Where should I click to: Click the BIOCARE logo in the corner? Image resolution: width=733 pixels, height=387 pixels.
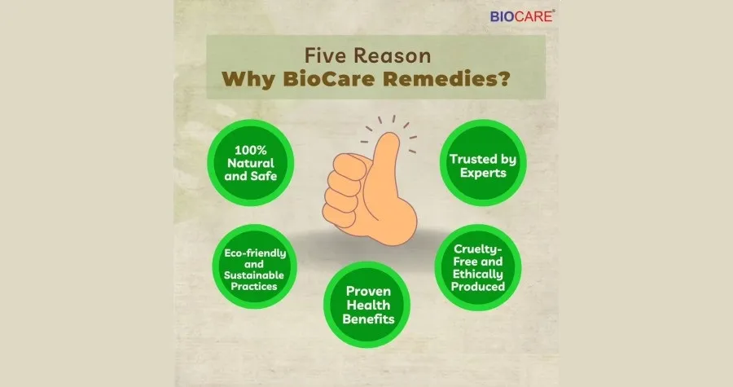tap(522, 16)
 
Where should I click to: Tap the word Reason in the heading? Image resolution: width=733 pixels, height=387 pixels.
tap(392, 55)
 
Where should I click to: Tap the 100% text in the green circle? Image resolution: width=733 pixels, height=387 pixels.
tap(251, 150)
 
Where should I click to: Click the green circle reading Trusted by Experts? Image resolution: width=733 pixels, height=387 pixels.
tap(483, 163)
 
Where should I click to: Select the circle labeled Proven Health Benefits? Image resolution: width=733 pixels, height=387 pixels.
tap(367, 304)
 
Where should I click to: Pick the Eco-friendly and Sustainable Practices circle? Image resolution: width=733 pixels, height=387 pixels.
tap(255, 267)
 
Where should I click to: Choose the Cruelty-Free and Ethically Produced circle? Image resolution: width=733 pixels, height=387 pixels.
tap(478, 267)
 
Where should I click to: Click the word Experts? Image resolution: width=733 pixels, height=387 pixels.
tap(483, 173)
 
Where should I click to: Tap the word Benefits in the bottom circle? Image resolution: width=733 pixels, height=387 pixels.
tap(368, 319)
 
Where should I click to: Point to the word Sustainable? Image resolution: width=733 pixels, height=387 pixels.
tap(254, 275)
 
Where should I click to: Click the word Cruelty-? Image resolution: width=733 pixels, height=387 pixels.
tap(478, 249)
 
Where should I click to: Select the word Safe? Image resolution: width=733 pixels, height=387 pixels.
tap(264, 176)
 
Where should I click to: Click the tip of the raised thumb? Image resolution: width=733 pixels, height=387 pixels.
tap(390, 134)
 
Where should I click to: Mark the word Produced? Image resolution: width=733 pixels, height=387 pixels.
tap(478, 287)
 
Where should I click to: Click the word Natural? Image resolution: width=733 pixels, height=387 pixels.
tap(251, 163)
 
